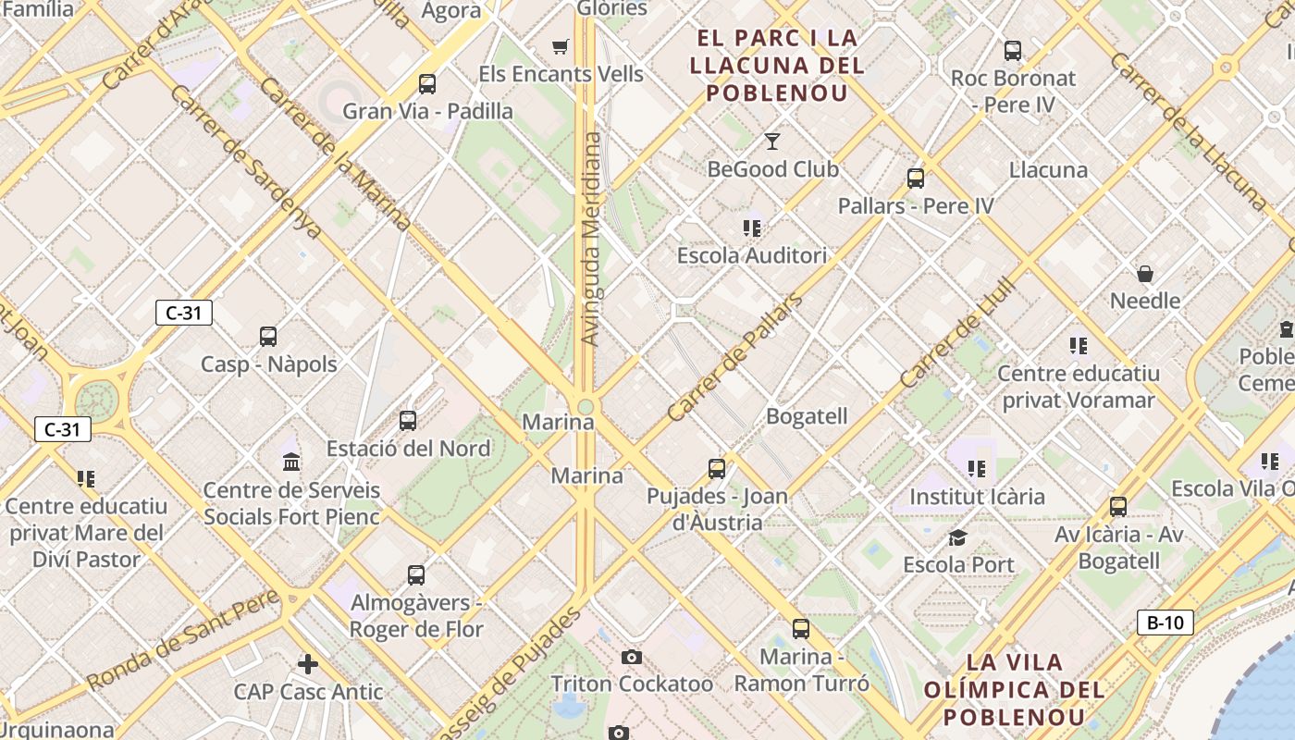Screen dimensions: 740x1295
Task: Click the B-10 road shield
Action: tap(1165, 623)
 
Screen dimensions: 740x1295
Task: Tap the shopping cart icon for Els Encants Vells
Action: tap(560, 46)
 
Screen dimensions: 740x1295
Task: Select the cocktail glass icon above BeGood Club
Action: tap(772, 142)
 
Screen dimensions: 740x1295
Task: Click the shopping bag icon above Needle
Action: tap(1145, 274)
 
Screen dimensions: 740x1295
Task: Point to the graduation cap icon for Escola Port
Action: tap(958, 537)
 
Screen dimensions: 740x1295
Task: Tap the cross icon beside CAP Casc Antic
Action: tap(308, 663)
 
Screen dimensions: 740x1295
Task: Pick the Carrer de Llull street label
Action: tap(957, 334)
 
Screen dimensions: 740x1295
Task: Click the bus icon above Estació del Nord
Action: tap(408, 421)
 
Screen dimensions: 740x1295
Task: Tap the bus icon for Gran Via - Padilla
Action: tap(427, 84)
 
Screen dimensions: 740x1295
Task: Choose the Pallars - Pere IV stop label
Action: tap(916, 205)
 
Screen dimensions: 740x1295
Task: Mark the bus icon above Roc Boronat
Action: tap(1013, 51)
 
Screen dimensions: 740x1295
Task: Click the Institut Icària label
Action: tap(977, 497)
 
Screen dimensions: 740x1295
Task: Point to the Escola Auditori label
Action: tap(752, 255)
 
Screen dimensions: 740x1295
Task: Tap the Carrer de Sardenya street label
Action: tap(245, 163)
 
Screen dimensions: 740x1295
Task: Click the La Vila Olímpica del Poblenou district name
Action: tap(1015, 689)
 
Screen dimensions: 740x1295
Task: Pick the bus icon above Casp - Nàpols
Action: tap(268, 337)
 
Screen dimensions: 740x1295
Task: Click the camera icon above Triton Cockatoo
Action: tap(632, 657)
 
